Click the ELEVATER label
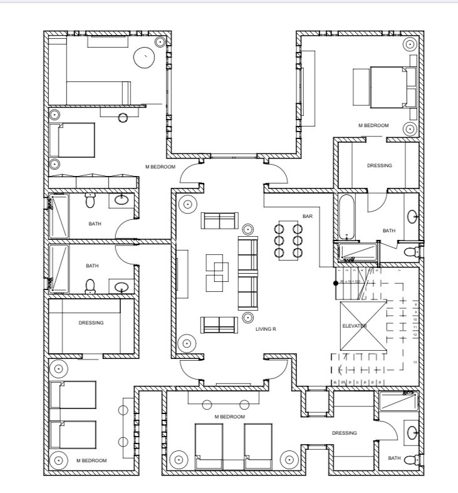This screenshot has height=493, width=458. coord(354,326)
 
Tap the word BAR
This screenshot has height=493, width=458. coord(307,216)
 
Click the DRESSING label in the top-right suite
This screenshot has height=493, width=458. coord(379,166)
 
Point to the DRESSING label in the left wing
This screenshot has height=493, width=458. coord(91,323)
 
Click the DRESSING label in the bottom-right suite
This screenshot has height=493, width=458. coord(344,433)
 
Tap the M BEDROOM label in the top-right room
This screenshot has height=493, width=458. coord(373,126)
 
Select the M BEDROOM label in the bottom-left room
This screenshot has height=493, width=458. coord(91,460)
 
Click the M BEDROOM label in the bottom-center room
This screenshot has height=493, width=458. coord(229,417)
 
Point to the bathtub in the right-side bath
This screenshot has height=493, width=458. coord(347,217)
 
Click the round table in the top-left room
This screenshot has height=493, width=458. coord(145,58)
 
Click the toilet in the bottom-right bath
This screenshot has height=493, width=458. coord(411,460)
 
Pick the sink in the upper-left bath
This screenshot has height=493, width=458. coord(122,200)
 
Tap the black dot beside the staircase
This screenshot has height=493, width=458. coord(336,283)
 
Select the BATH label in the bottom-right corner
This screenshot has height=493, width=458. coord(394,458)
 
